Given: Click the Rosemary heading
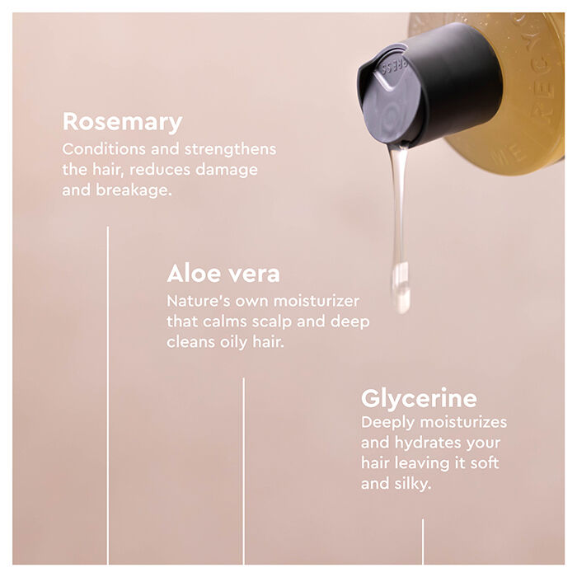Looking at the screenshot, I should tap(122, 122).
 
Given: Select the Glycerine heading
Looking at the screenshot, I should tap(419, 399).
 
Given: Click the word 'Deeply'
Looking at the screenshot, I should tap(387, 423).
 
